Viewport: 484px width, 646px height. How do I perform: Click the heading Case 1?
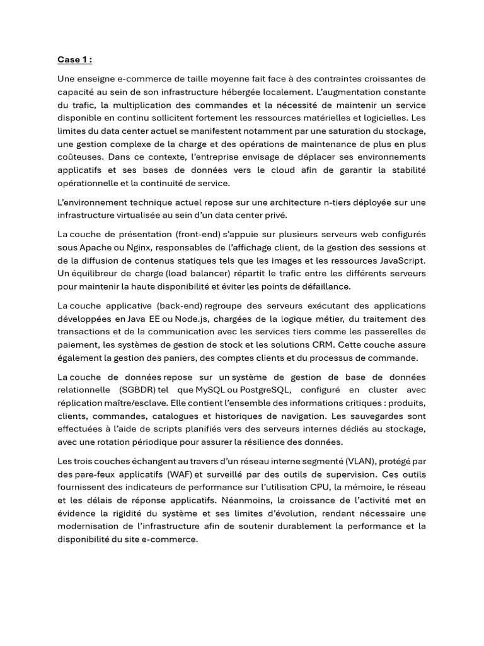click(74, 60)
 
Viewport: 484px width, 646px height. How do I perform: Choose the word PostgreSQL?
click(266, 391)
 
